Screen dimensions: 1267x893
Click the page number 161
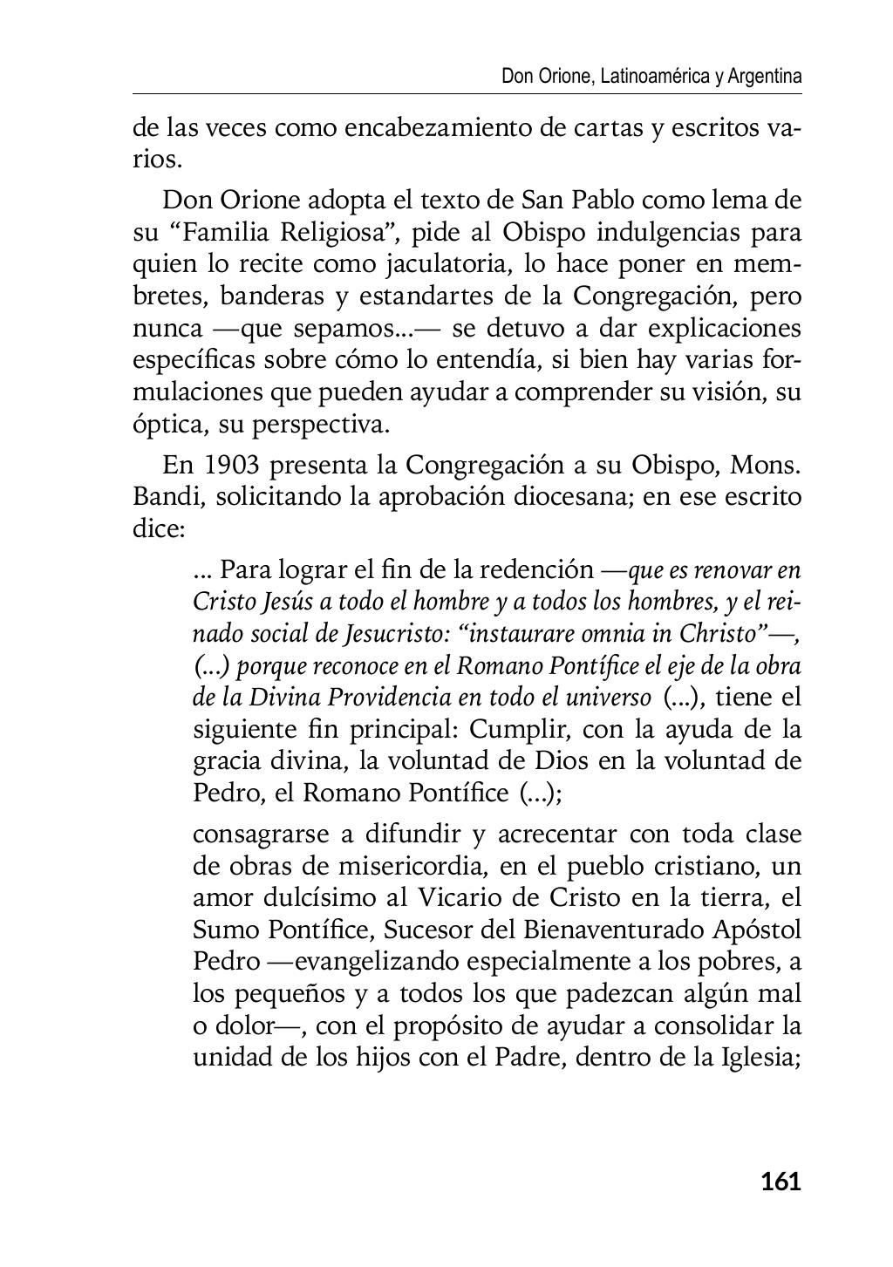point(781,1182)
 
